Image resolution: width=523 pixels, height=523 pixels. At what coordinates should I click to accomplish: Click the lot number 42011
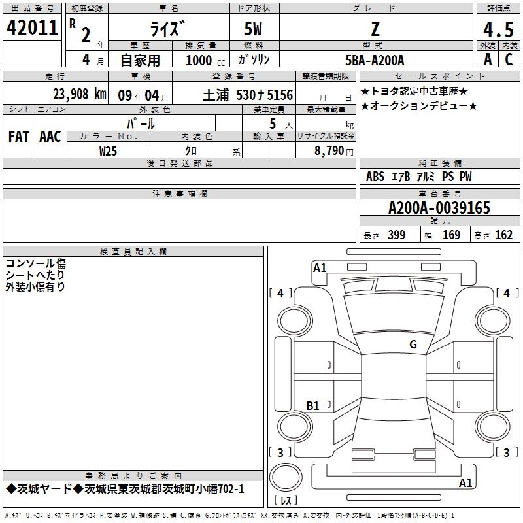[x=32, y=27]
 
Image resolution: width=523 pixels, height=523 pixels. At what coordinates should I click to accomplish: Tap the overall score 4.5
[x=498, y=29]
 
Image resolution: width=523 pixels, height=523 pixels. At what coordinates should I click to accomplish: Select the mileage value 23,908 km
[x=80, y=94]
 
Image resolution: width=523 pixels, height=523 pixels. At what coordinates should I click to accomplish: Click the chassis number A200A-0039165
[x=439, y=208]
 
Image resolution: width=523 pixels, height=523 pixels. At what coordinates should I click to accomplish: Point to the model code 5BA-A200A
[x=375, y=60]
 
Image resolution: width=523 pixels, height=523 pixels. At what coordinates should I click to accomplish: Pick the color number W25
[x=108, y=151]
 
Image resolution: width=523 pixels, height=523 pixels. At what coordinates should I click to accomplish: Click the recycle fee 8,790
[x=329, y=151]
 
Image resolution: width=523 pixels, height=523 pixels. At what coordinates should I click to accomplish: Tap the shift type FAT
[x=19, y=137]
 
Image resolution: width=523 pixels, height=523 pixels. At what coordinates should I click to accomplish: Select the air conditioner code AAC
[x=50, y=137]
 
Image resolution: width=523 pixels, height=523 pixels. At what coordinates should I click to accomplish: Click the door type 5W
[x=253, y=29]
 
